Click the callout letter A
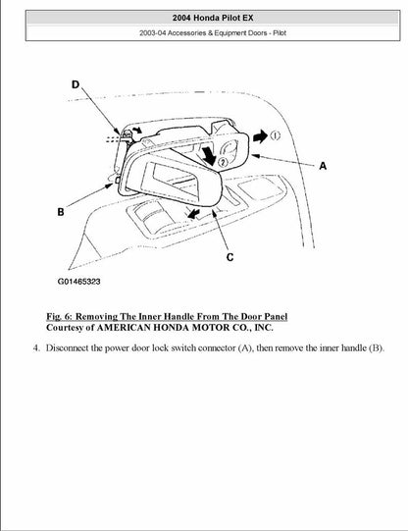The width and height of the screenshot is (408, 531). coord(322,167)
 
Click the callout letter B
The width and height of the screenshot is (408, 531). coord(61,211)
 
